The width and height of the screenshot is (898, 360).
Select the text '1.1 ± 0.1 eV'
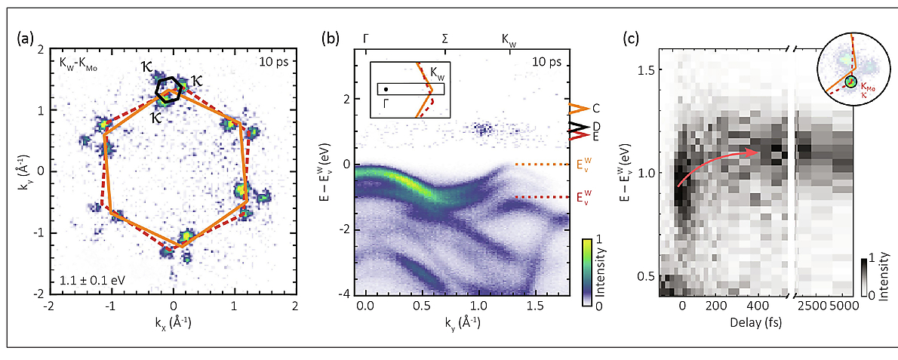click(91, 282)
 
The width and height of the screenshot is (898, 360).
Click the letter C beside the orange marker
click(596, 109)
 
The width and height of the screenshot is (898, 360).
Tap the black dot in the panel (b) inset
click(386, 89)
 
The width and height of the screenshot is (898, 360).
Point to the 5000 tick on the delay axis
click(844, 308)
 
